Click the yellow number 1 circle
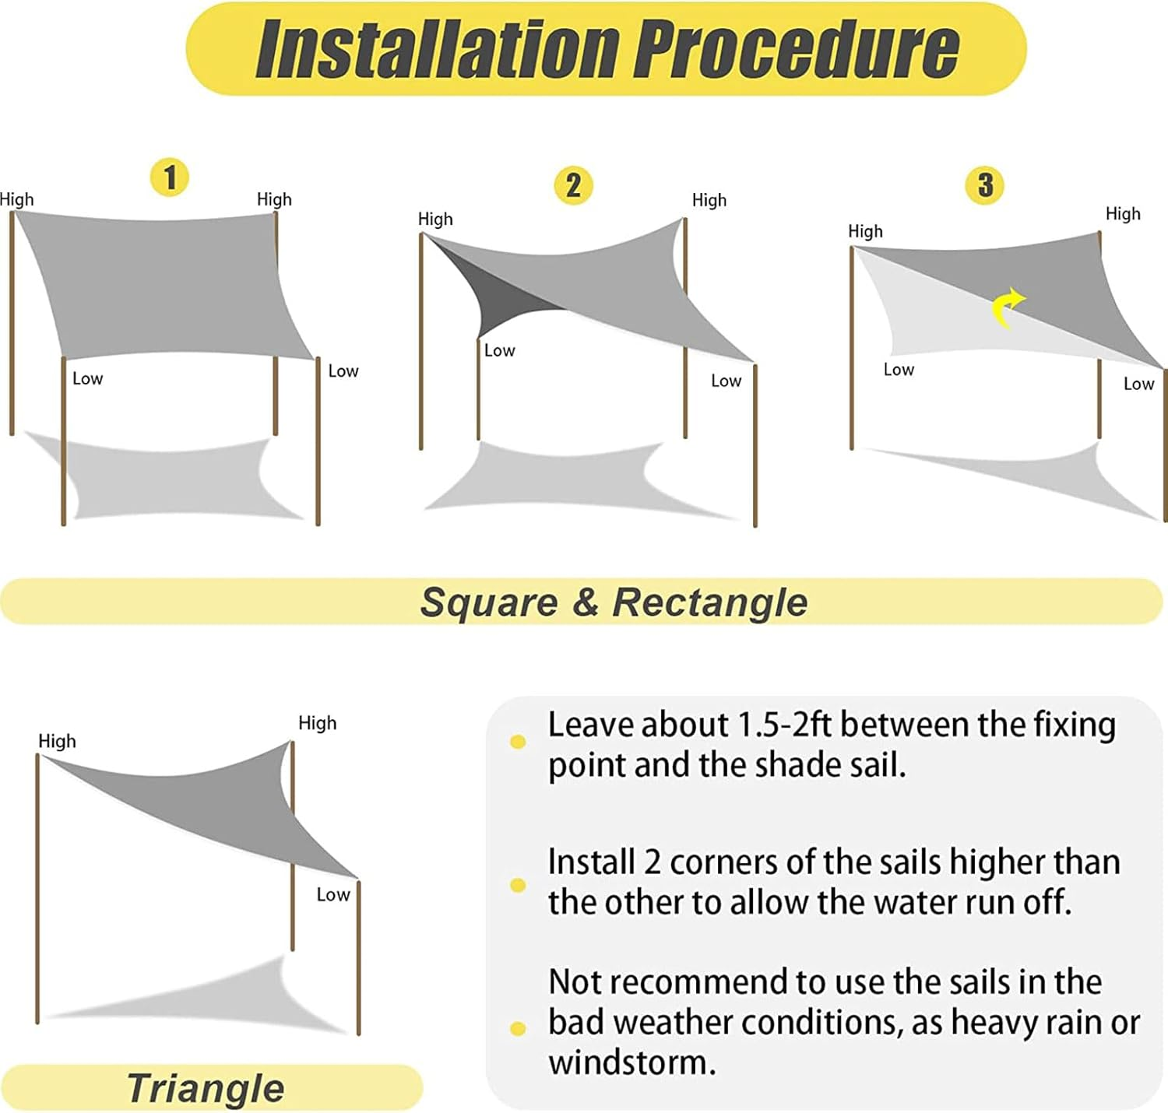pos(170,177)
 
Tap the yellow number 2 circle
pos(573,186)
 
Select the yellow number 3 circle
pos(985,185)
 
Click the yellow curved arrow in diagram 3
pos(1008,307)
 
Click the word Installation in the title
pos(437,49)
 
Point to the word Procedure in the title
pos(796,49)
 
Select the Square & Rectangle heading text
pos(614,602)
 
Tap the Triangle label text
pos(206,1088)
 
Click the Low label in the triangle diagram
pos(333,895)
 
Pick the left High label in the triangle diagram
pos(57,741)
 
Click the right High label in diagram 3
pos(1122,214)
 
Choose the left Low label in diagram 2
pos(499,351)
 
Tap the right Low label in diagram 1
pos(343,371)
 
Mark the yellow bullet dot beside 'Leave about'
pos(518,742)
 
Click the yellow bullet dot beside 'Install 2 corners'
pos(518,885)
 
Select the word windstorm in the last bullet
pos(631,1062)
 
